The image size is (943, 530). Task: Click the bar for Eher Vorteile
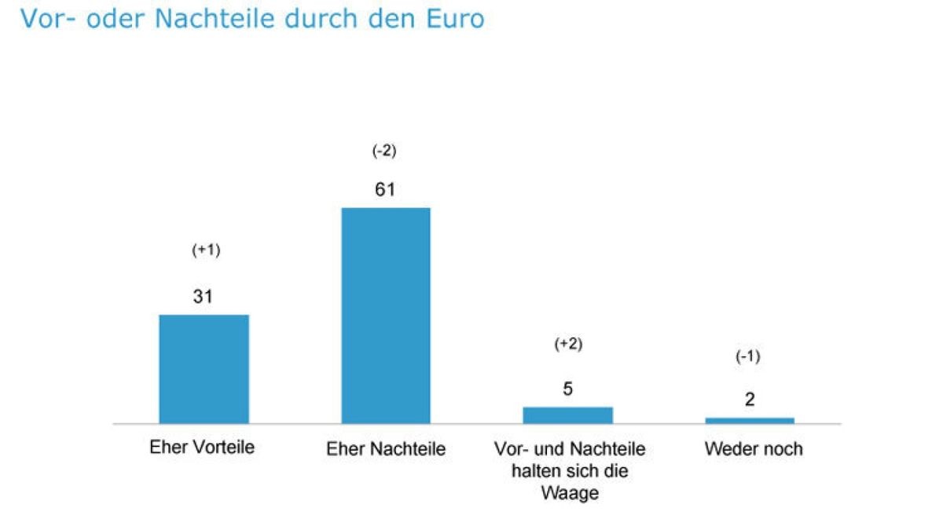204,369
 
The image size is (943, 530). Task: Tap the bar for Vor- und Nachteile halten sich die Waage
567,415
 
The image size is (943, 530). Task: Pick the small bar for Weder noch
750,420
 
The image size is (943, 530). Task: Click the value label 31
204,297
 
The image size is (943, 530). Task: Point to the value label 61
384,189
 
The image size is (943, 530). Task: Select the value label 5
567,389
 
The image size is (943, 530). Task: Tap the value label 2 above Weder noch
750,400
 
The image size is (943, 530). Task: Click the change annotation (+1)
206,250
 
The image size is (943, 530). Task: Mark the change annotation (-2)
384,151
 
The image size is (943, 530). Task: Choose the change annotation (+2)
568,344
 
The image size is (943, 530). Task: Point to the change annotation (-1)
748,356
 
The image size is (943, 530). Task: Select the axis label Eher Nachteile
385,450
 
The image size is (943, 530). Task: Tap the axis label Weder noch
754,449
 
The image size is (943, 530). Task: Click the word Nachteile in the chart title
212,19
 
